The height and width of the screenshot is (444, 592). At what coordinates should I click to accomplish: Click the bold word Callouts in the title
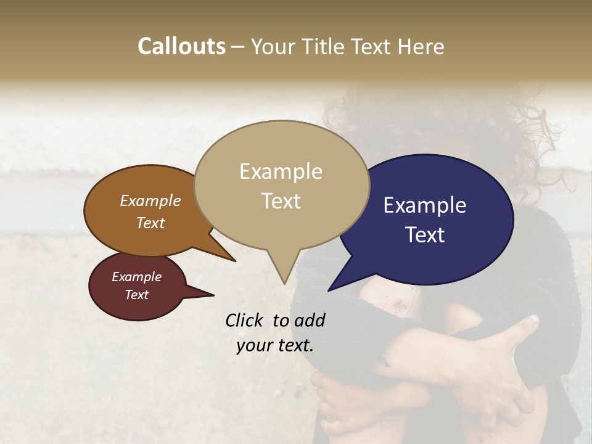click(181, 46)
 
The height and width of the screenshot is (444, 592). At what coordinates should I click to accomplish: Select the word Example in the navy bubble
click(425, 205)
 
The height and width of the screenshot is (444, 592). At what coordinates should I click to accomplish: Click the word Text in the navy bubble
click(425, 235)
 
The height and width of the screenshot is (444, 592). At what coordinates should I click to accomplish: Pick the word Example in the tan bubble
click(281, 171)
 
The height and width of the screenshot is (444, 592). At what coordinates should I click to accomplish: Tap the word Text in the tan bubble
click(281, 201)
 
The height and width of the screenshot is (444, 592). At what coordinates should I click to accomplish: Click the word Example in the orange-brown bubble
click(150, 201)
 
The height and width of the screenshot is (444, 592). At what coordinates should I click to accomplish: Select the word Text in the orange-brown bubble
click(150, 223)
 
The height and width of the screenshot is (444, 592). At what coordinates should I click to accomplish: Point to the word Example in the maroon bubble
click(136, 277)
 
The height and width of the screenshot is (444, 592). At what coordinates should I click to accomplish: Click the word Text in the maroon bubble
click(136, 295)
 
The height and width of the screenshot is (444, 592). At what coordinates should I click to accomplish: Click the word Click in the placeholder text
click(246, 320)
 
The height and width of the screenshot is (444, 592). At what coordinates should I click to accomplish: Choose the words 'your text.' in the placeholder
click(275, 345)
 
